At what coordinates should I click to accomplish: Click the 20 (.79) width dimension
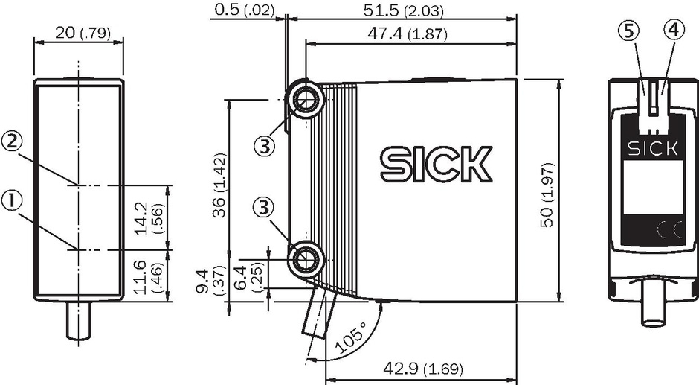click(x=83, y=33)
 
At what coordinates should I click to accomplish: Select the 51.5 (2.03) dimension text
click(x=404, y=10)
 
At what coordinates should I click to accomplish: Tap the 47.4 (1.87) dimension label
click(x=407, y=34)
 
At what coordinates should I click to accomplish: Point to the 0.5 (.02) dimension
click(x=244, y=10)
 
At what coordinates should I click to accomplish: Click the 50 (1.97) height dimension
click(x=547, y=194)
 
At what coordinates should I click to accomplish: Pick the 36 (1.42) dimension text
click(x=220, y=185)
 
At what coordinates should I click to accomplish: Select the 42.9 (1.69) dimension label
click(x=423, y=369)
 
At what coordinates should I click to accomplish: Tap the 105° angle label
click(x=350, y=338)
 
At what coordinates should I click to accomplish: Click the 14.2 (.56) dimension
click(x=149, y=218)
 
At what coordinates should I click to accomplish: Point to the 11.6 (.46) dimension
click(x=149, y=276)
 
